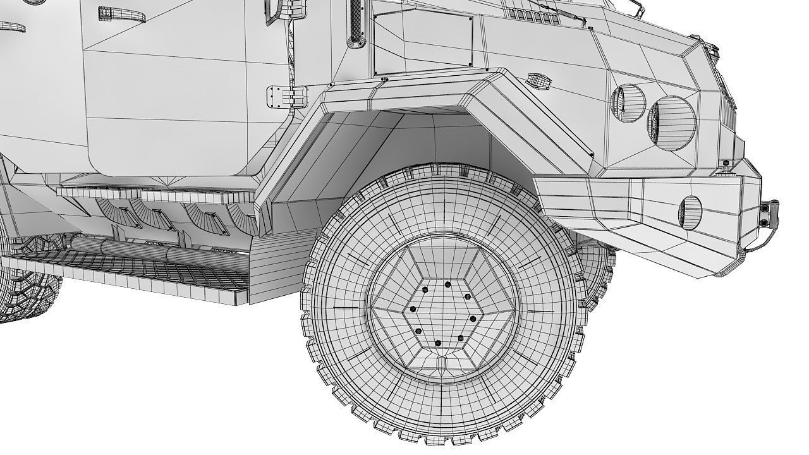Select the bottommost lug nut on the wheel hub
tap(439, 343)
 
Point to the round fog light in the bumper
tap(690, 212)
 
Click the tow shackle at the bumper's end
tap(769, 212)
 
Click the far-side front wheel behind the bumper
tap(597, 269)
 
